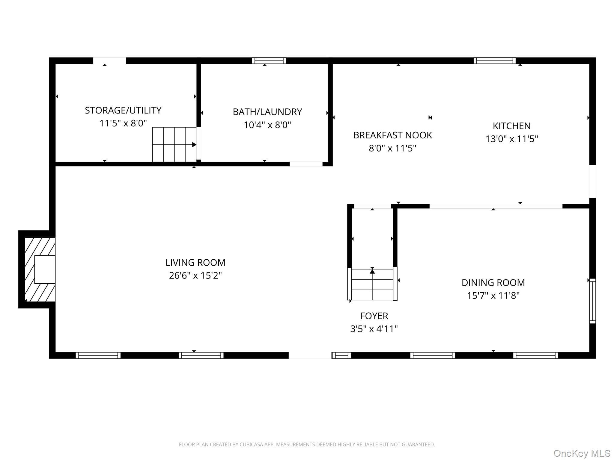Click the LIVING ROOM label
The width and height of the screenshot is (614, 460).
pyautogui.click(x=195, y=262)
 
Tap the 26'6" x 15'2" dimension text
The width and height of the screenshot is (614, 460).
pyautogui.click(x=195, y=275)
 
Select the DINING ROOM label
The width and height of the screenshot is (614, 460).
pyautogui.click(x=493, y=282)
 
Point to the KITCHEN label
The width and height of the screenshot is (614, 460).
pyautogui.click(x=511, y=126)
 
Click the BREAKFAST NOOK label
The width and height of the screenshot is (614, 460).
pyautogui.click(x=392, y=135)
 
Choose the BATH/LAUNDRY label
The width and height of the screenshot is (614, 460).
pyautogui.click(x=267, y=112)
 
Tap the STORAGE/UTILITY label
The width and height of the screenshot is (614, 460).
pyautogui.click(x=123, y=110)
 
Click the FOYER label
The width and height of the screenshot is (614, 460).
pyautogui.click(x=374, y=316)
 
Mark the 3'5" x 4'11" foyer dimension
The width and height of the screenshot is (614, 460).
pyautogui.click(x=374, y=329)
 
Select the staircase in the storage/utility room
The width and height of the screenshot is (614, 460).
pyautogui.click(x=174, y=144)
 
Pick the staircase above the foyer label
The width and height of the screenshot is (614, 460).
pyautogui.click(x=372, y=284)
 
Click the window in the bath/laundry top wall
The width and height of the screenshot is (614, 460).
pyautogui.click(x=269, y=60)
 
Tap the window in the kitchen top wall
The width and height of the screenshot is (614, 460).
pyautogui.click(x=495, y=60)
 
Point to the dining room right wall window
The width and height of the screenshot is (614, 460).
pyautogui.click(x=592, y=301)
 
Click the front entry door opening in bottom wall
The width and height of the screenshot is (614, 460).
pyautogui.click(x=310, y=355)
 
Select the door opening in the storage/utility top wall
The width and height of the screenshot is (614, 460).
pyautogui.click(x=109, y=60)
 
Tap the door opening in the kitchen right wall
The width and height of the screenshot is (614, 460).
pyautogui.click(x=592, y=181)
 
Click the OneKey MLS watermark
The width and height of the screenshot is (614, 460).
pyautogui.click(x=582, y=453)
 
